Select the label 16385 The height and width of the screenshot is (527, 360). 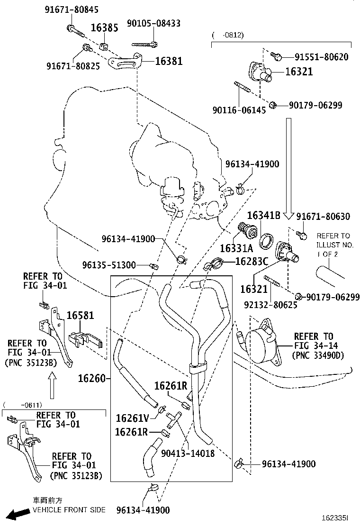[x=104, y=27]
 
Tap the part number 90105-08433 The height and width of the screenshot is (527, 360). [x=153, y=23]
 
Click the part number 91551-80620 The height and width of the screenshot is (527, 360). [x=321, y=57]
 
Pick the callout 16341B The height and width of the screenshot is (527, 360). [x=264, y=216]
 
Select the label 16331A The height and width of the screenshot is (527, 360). [x=236, y=248]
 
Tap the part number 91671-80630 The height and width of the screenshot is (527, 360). [x=323, y=217]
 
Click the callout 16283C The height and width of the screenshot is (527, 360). [x=252, y=261]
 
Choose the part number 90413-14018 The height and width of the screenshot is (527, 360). [x=188, y=454]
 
